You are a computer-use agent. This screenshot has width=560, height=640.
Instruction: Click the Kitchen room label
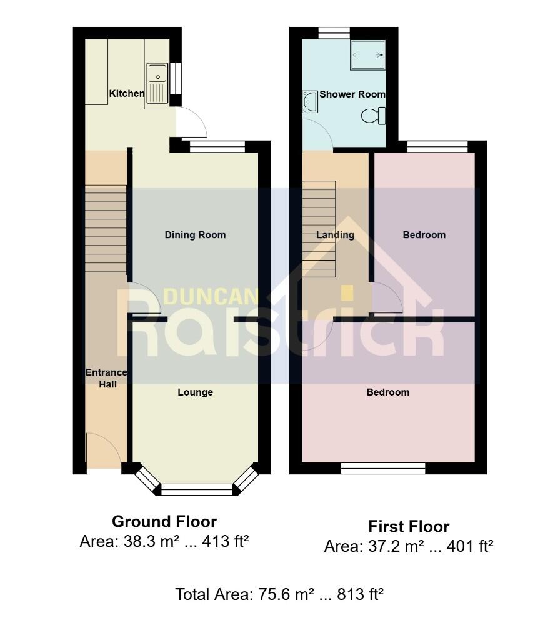(x=127, y=94)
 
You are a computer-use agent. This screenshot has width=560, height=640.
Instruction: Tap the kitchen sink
(x=157, y=83)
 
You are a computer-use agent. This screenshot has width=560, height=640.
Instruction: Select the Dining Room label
(x=195, y=235)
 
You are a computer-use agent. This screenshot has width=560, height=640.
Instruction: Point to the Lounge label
(x=195, y=392)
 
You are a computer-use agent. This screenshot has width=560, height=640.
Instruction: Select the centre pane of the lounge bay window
(x=196, y=490)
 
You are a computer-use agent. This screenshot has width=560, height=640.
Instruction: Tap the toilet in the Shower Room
(x=374, y=115)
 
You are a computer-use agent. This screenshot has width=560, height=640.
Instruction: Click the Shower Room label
(x=352, y=94)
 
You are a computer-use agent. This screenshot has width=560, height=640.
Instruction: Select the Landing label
(x=335, y=235)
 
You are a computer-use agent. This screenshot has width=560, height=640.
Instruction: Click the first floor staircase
(x=319, y=229)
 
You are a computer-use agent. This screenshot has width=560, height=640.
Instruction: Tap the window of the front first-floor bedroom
(x=383, y=468)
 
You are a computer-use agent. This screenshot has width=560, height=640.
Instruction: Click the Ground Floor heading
(x=164, y=521)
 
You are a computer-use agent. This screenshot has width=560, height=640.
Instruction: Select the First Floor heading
(x=409, y=526)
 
